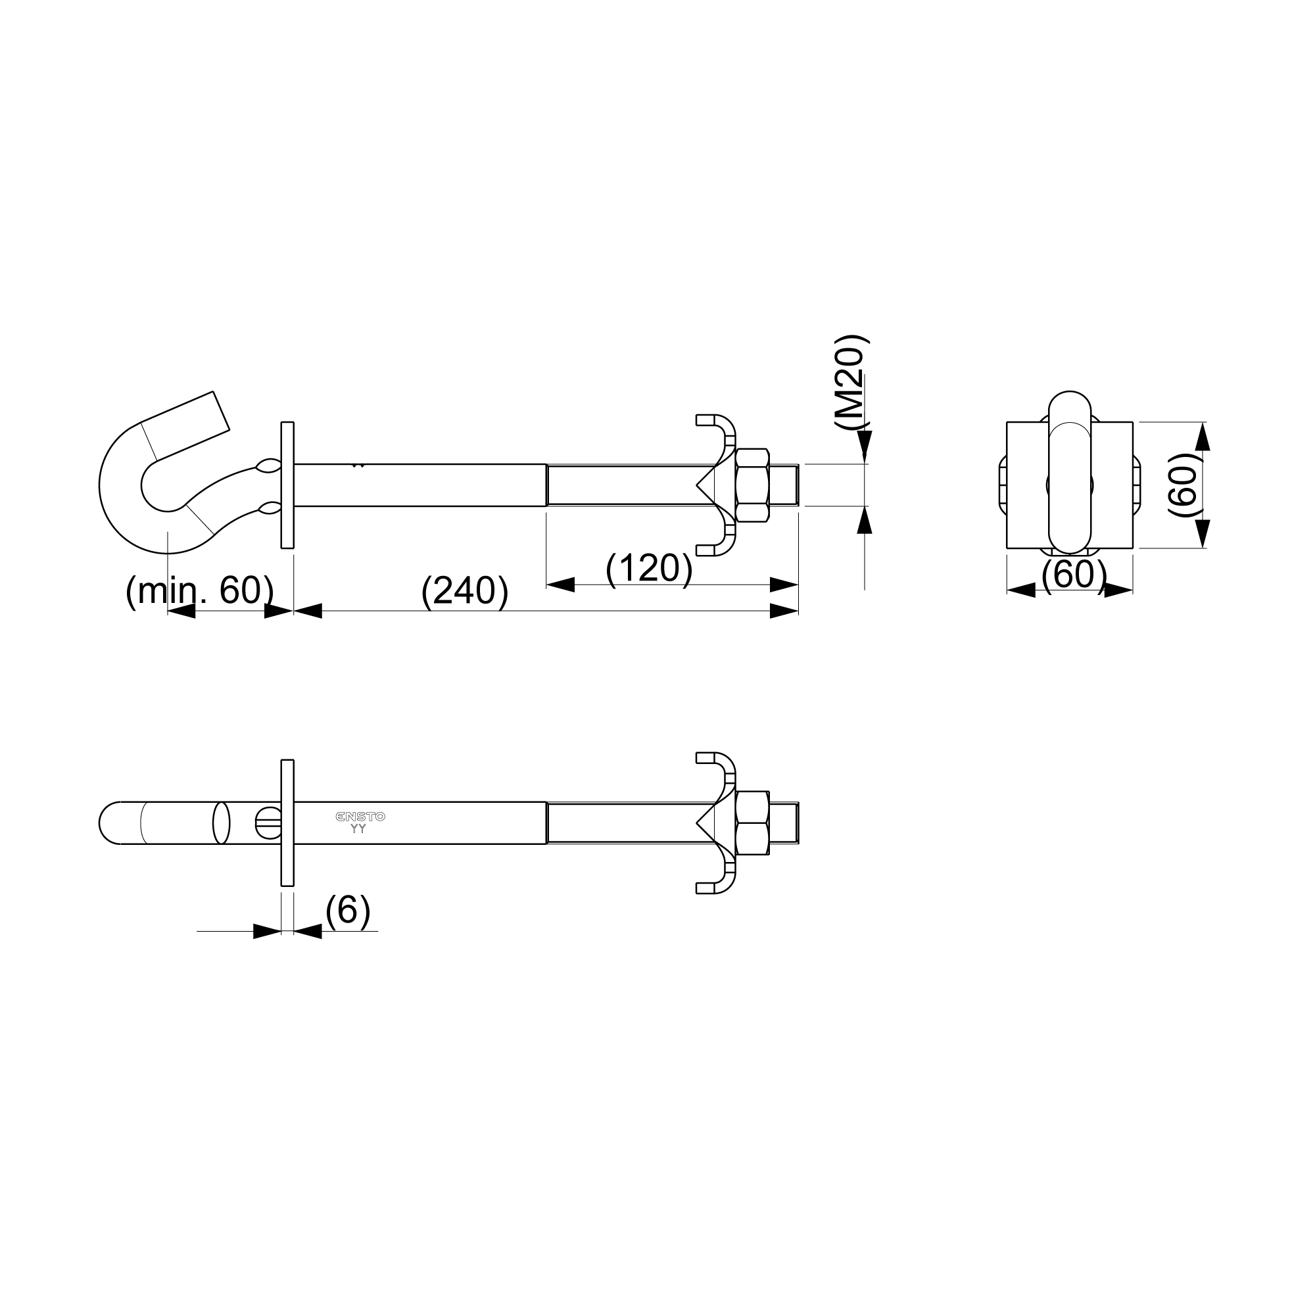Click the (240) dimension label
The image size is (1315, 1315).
pos(465,591)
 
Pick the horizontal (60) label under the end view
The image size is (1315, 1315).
pos(1074,574)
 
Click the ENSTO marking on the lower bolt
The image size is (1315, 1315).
pos(360,817)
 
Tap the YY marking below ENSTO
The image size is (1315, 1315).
pos(358,829)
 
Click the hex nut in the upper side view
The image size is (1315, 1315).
pos(752,485)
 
